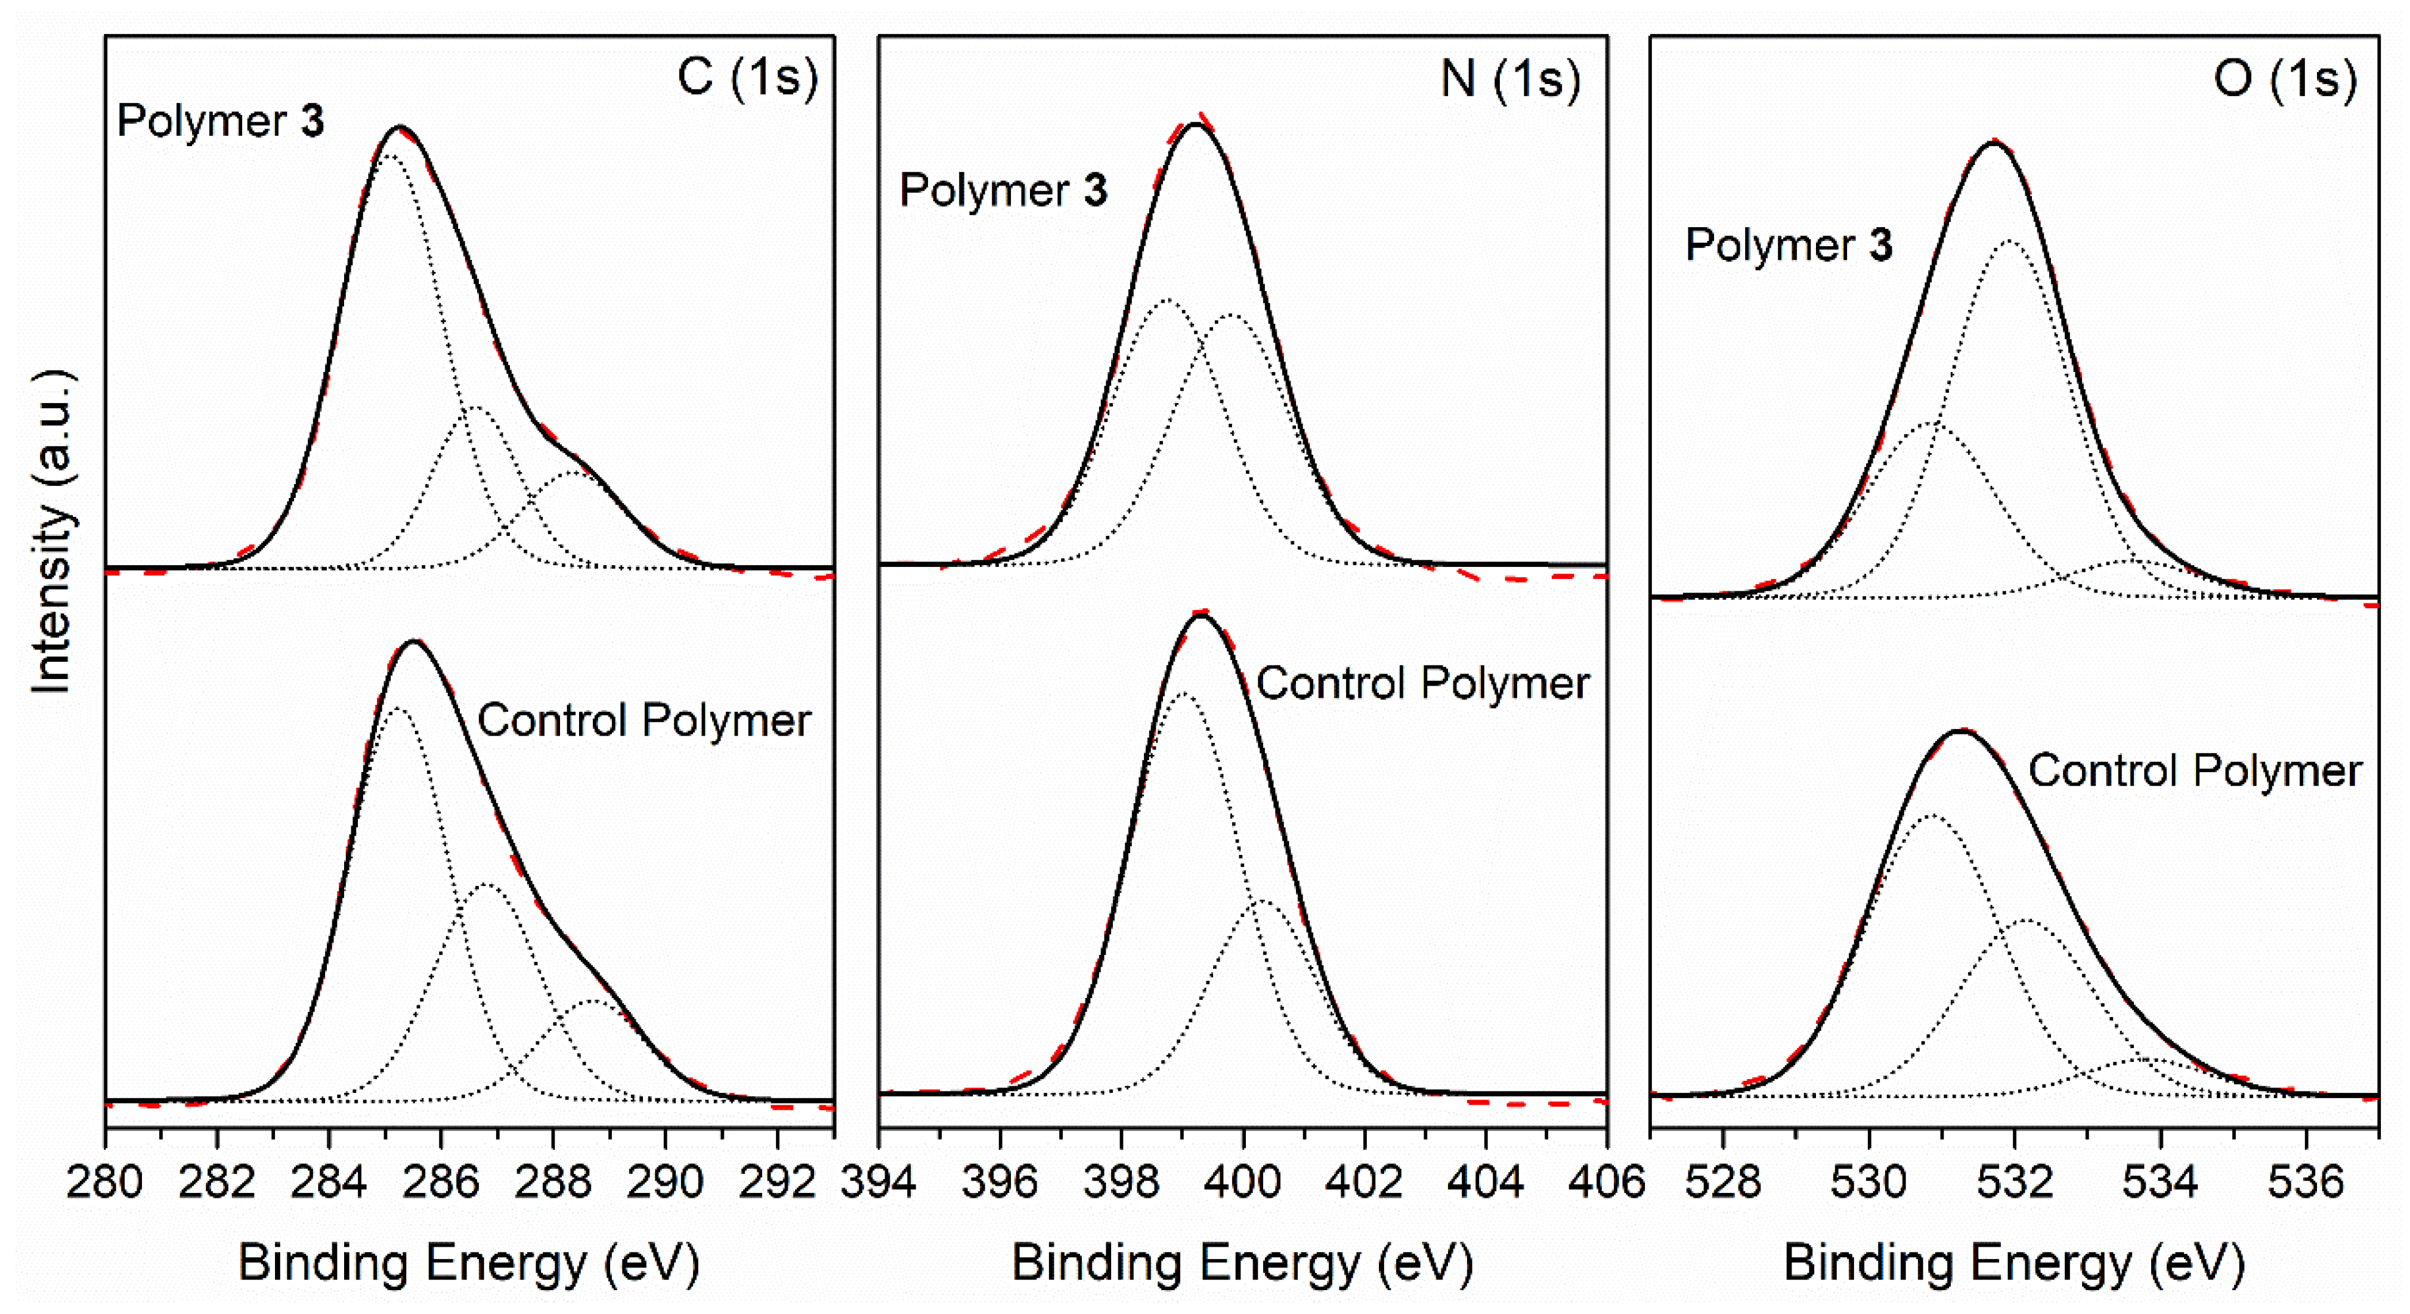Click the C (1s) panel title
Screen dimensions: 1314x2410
(x=747, y=78)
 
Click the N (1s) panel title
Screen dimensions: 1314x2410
(x=1510, y=79)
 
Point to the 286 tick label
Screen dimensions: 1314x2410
(x=441, y=1182)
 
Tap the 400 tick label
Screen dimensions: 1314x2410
(x=1242, y=1182)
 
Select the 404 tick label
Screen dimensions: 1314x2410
(x=1485, y=1182)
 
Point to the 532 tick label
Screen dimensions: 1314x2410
(x=2014, y=1182)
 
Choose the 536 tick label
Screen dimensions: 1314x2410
(x=2305, y=1182)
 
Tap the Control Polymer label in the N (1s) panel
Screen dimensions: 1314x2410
(x=1422, y=684)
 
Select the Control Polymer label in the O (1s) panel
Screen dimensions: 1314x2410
(x=2194, y=771)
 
